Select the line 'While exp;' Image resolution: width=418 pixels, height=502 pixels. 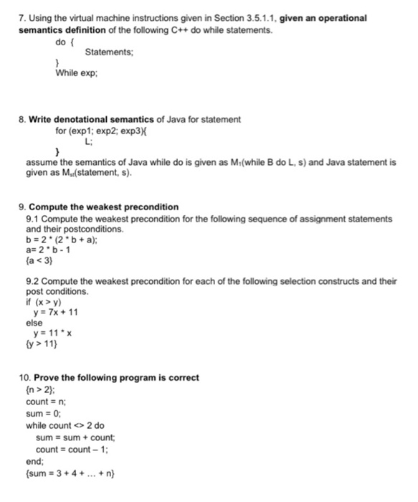(x=75, y=74)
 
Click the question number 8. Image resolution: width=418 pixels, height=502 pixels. (x=22, y=119)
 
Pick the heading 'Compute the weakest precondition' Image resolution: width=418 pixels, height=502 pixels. (x=103, y=207)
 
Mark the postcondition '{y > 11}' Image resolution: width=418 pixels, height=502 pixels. (x=41, y=345)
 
